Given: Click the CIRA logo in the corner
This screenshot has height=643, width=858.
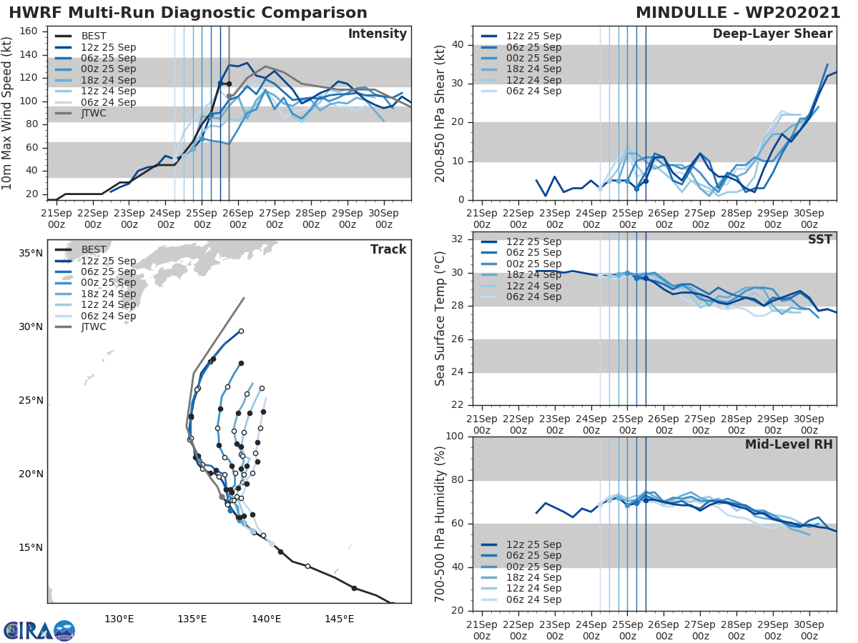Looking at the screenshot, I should click(x=39, y=630).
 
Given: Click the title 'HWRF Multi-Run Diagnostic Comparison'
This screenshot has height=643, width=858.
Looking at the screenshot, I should click(x=188, y=13).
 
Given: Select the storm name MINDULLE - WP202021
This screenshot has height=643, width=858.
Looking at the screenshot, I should click(x=738, y=13).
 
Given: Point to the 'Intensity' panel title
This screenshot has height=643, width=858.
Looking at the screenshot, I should click(x=377, y=34).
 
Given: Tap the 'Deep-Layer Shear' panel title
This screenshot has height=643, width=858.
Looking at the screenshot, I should click(x=772, y=34).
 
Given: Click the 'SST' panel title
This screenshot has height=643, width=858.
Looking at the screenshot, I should click(x=820, y=239).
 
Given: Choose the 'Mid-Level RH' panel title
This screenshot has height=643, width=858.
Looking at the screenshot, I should click(x=789, y=444).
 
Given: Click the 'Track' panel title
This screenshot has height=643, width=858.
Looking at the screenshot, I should click(x=388, y=249).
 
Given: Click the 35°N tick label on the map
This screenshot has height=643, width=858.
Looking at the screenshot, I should click(x=30, y=254).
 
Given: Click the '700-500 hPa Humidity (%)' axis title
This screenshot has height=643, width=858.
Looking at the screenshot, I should click(x=440, y=524).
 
